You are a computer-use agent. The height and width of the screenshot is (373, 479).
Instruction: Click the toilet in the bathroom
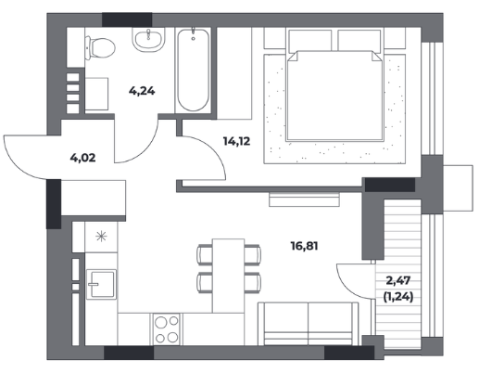click(100, 48)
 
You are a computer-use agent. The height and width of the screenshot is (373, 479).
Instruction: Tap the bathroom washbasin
click(148, 40)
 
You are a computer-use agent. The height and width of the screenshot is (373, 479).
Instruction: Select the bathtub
click(194, 70)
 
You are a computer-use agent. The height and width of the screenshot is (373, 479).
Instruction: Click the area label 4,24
click(142, 91)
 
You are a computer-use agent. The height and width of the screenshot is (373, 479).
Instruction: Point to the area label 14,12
click(236, 141)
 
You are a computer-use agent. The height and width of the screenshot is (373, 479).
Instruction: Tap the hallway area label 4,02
click(82, 158)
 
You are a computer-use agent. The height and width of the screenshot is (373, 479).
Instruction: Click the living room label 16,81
click(304, 246)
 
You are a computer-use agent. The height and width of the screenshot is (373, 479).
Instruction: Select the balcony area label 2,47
click(398, 280)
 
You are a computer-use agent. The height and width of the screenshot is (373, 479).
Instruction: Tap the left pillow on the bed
click(310, 40)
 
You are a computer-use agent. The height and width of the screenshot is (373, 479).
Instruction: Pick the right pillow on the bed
click(359, 40)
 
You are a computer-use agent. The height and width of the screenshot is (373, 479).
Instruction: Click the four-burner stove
click(167, 329)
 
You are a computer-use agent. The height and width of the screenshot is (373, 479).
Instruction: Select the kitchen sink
click(102, 284)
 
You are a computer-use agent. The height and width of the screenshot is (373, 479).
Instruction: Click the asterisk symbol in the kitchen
click(101, 237)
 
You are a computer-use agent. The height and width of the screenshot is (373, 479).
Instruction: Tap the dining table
click(228, 276)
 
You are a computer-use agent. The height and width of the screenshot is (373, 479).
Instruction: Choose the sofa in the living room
click(309, 324)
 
